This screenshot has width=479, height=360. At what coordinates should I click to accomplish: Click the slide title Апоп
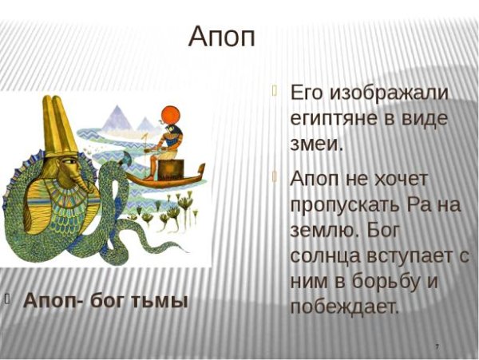pyautogui.click(x=222, y=36)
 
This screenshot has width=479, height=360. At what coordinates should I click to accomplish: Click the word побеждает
pyautogui.click(x=344, y=307)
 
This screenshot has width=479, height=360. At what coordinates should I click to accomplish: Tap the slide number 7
pyautogui.click(x=437, y=345)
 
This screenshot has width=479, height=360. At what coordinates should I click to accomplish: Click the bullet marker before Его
pyautogui.click(x=275, y=90)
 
